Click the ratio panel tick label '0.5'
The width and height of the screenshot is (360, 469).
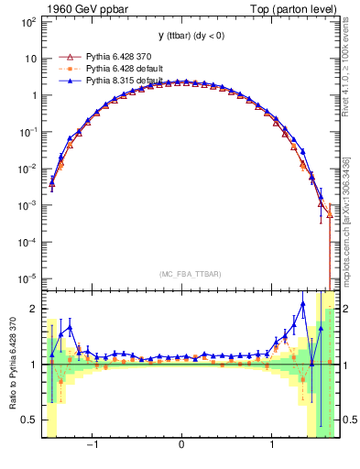coord(29,420)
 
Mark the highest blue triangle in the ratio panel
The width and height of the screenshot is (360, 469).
coord(303,304)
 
